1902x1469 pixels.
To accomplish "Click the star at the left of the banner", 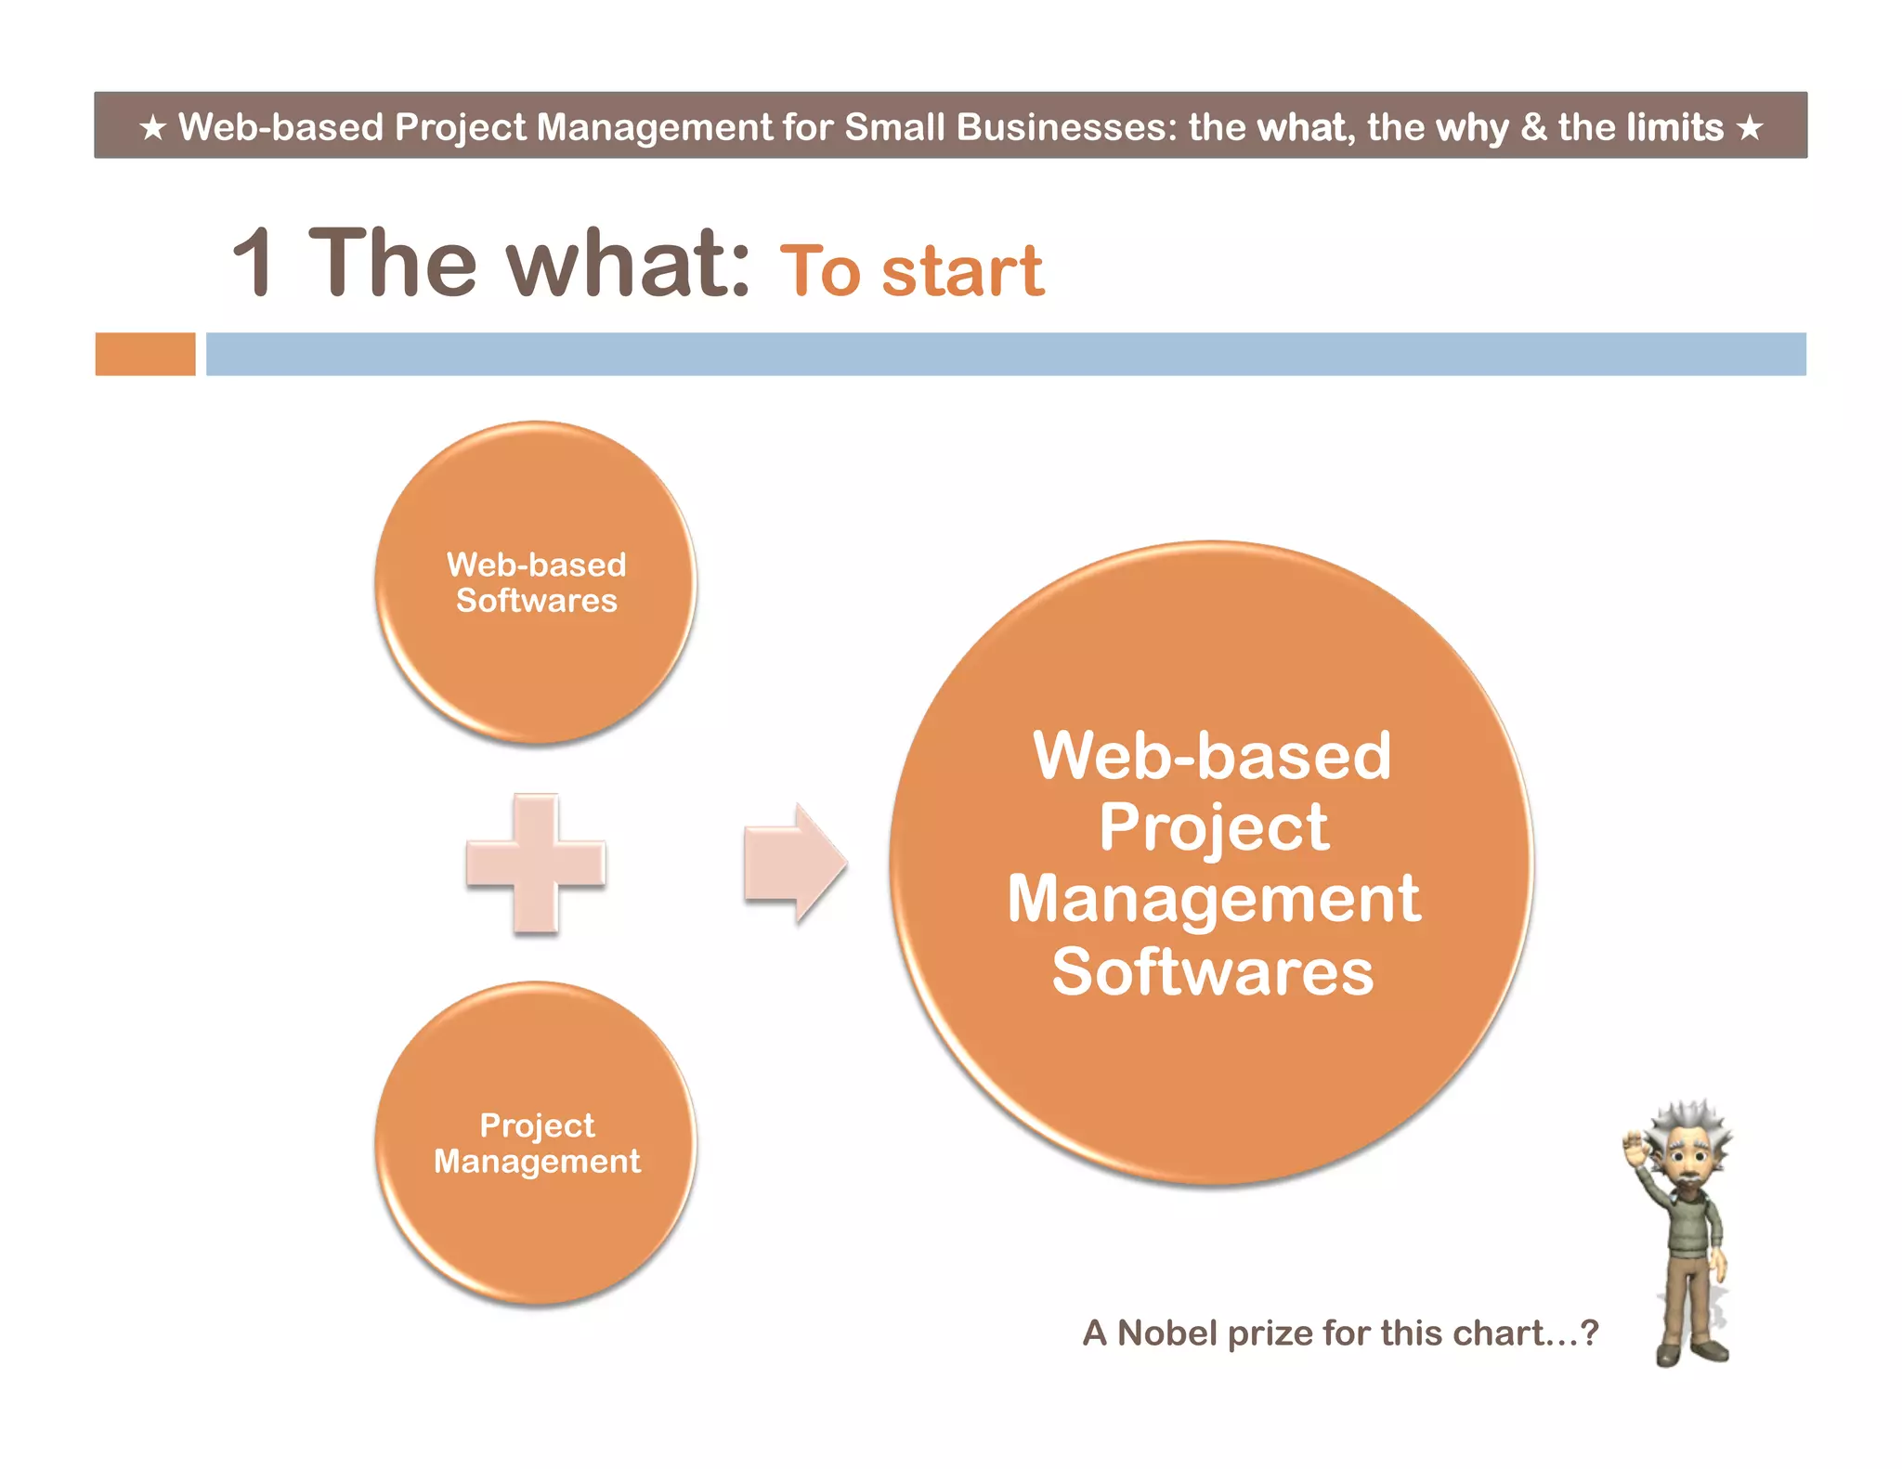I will (x=153, y=127).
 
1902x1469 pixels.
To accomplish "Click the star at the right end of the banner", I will (x=1750, y=127).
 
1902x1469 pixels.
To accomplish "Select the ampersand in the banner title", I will (x=1533, y=127).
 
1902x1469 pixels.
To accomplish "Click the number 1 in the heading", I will (x=254, y=264).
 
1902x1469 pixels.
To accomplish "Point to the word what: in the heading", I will (x=628, y=264).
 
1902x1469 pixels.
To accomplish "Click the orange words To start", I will (x=911, y=271).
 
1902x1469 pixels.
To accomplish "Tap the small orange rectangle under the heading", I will (x=145, y=354).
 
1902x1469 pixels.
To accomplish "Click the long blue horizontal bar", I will (x=1005, y=354).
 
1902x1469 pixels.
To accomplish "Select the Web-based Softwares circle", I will (x=536, y=582).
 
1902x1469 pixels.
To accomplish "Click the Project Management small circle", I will (x=536, y=1143).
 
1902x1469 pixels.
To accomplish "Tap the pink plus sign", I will (x=536, y=864).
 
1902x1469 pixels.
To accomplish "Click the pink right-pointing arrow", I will (x=795, y=864).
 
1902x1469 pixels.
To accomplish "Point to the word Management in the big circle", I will (x=1213, y=900).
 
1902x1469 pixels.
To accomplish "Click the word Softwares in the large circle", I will (x=1212, y=972).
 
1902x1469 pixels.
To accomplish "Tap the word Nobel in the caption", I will (x=1166, y=1333).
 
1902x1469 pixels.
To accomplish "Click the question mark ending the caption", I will (x=1590, y=1333).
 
